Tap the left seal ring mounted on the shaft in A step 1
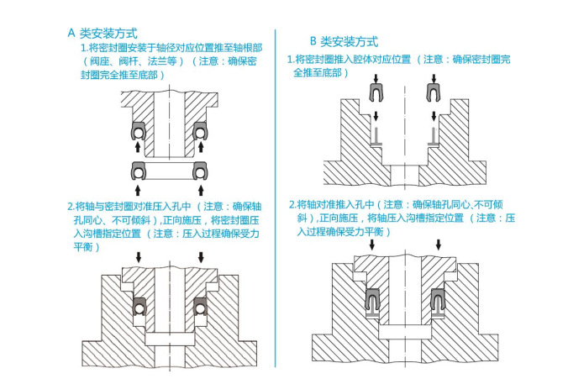(136, 130)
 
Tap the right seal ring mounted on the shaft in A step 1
(201, 130)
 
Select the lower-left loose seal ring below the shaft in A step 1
(137, 171)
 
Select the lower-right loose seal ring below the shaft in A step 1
(201, 171)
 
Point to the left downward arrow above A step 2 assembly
(139, 255)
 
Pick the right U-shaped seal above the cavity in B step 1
(433, 92)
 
